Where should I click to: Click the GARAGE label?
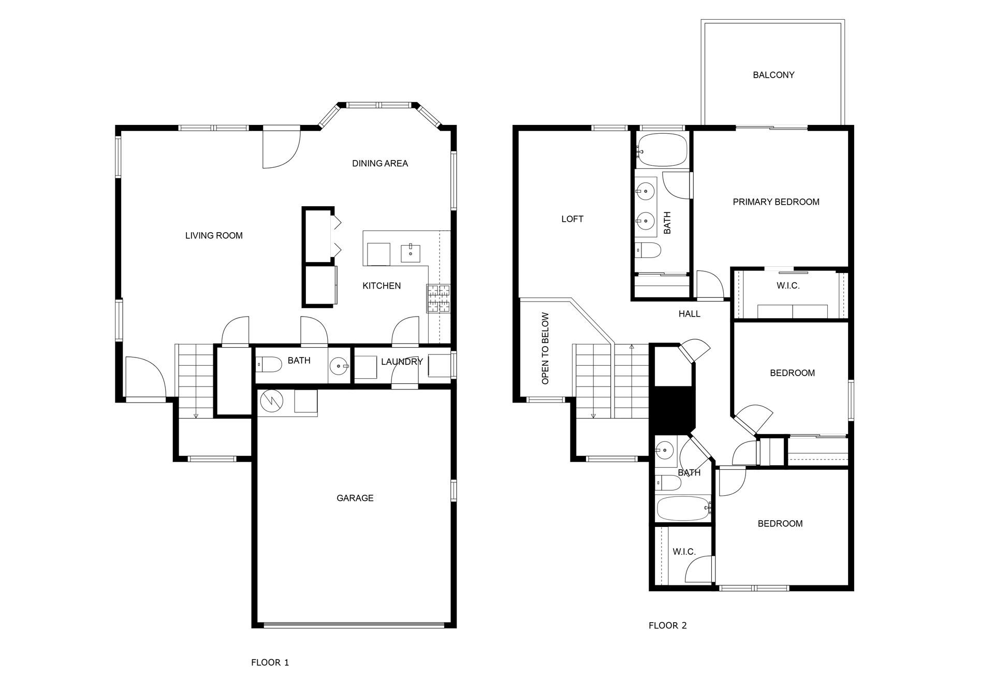pos(355,498)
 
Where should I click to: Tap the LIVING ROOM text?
pos(214,236)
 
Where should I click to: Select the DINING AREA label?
pos(380,164)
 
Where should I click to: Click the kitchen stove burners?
pos(438,299)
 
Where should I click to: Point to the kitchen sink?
pos(411,253)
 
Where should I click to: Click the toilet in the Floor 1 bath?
pos(269,365)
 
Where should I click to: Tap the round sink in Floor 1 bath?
pos(339,366)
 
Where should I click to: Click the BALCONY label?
pos(773,75)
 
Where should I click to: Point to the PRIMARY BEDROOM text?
pos(776,202)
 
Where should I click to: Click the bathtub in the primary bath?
pos(662,150)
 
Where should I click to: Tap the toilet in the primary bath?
pos(648,251)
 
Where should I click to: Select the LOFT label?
pos(572,219)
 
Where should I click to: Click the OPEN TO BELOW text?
pos(545,348)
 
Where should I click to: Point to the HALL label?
pos(689,314)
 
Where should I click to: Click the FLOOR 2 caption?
pos(667,625)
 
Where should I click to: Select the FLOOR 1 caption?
pos(270,663)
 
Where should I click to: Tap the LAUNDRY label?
pos(402,362)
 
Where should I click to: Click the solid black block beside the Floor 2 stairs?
pos(673,409)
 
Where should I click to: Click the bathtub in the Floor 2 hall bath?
pos(683,509)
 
